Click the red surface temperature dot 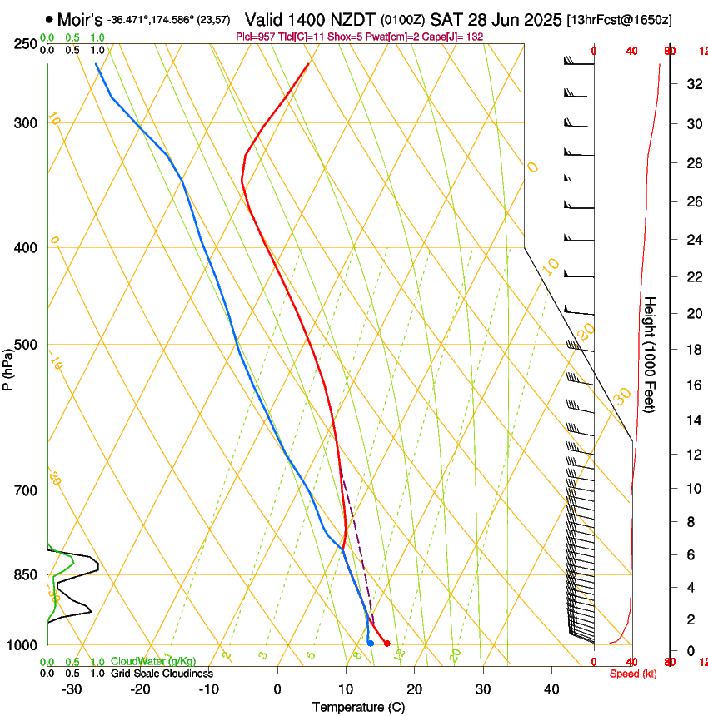386,643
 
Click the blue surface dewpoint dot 371,643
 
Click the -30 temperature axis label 72,689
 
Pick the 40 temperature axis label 551,689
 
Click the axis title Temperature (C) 358,707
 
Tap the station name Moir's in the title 80,18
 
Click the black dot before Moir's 50,18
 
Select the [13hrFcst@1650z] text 620,19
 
